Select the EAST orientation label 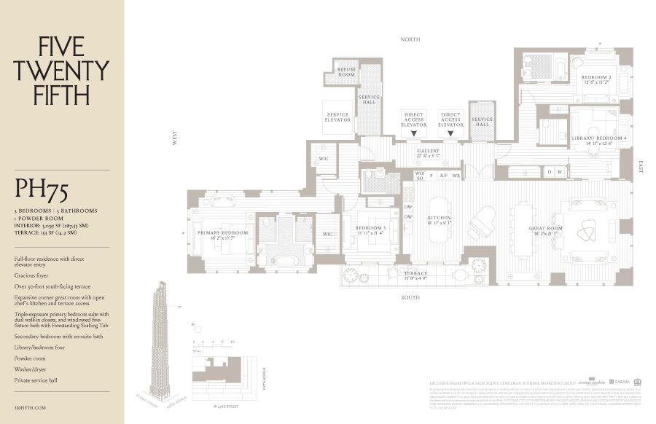[x=640, y=165]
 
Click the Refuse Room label [x=347, y=72]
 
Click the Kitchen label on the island [x=440, y=219]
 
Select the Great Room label [x=546, y=231]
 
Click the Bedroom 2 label [x=596, y=79]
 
